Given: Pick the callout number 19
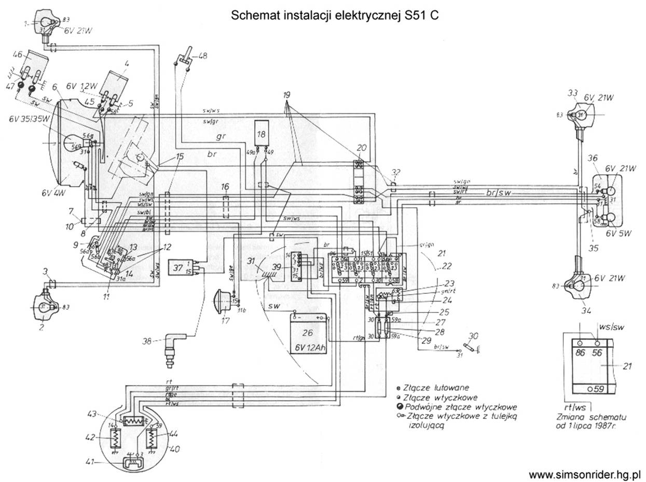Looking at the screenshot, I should [286, 95].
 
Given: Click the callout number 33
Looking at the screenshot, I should [572, 93].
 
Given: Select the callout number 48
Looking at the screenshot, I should [202, 55].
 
